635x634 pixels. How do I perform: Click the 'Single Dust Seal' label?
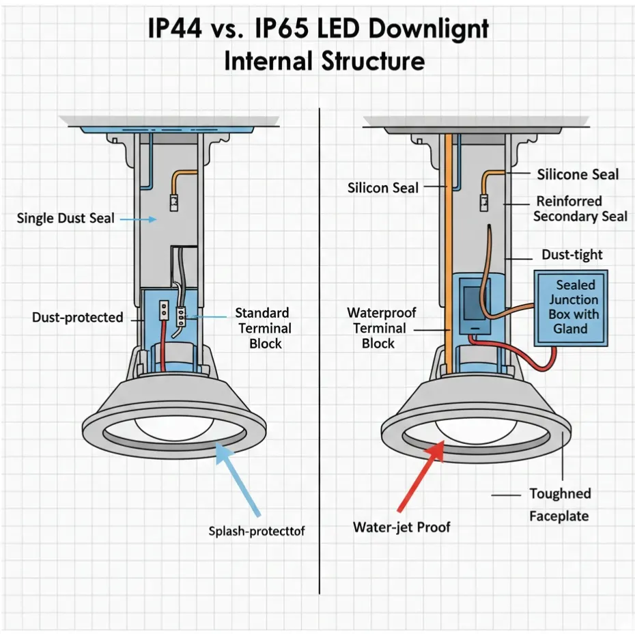[66, 219]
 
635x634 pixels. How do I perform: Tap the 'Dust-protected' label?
[77, 318]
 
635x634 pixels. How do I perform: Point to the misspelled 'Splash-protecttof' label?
[256, 531]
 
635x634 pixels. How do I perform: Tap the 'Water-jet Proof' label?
[401, 527]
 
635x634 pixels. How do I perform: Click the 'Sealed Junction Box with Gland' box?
[570, 307]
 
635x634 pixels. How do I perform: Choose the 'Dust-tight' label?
[571, 255]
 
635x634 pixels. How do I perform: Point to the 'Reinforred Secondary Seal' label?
[579, 209]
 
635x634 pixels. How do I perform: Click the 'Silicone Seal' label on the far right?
[578, 174]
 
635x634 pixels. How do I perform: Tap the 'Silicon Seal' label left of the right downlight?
[382, 187]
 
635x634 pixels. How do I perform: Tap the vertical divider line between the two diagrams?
[320, 342]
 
